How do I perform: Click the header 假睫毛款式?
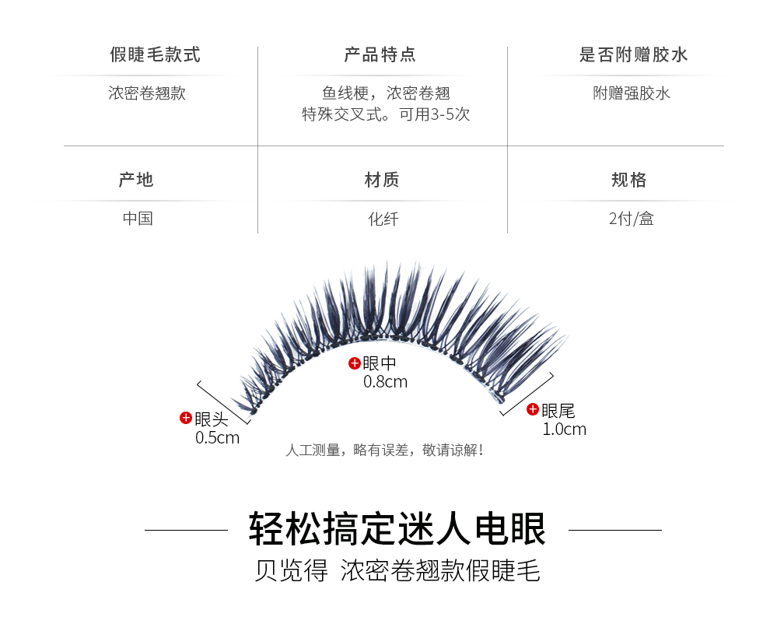point(156,55)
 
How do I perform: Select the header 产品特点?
point(380,55)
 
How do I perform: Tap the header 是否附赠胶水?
point(634,55)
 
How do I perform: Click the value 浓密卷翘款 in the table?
point(147,93)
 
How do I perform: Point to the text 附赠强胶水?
point(632,93)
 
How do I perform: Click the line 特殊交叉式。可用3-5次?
point(386,114)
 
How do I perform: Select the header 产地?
point(136,181)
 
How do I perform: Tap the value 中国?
point(138,219)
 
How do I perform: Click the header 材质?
point(382,181)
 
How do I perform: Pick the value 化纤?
point(383,219)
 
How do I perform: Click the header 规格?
point(629,181)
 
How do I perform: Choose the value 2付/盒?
point(631,219)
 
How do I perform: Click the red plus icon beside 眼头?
point(186,418)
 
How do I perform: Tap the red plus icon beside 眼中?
point(354,363)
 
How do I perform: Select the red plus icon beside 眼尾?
point(533,409)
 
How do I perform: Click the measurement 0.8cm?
point(385,382)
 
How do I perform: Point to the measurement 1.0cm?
point(564,429)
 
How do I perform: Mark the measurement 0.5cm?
point(217,438)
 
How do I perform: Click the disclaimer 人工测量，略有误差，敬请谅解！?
point(386,450)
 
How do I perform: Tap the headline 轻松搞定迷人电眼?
point(397,530)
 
